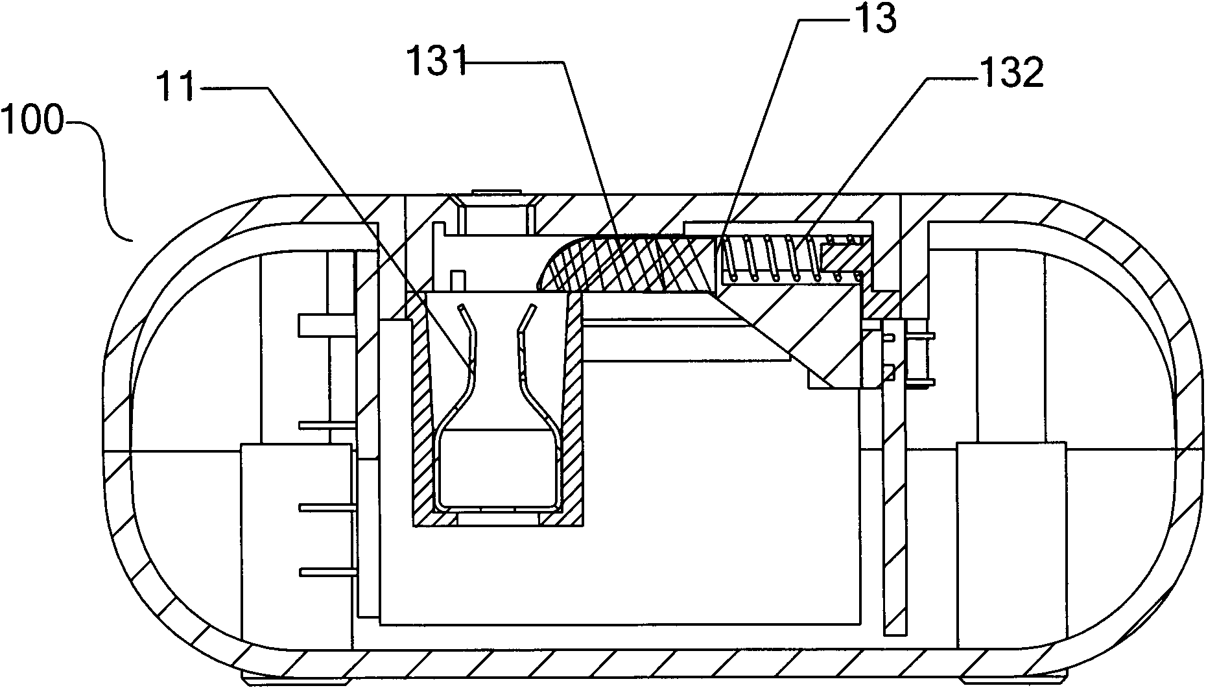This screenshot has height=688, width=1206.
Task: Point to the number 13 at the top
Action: (875, 19)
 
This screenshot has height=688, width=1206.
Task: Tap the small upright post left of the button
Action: (458, 280)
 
